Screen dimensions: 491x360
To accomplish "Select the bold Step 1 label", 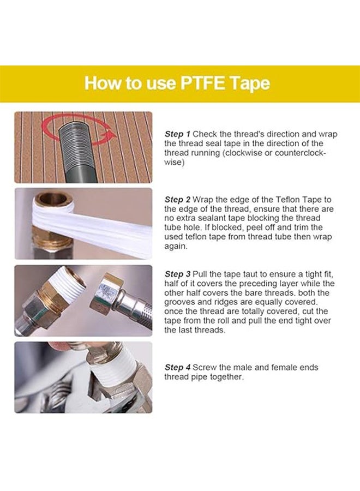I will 177,134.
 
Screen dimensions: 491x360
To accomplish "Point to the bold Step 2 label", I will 177,200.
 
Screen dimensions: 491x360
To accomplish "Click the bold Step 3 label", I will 177,274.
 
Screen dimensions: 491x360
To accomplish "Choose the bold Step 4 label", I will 177,368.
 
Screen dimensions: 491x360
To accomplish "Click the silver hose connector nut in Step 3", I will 109,289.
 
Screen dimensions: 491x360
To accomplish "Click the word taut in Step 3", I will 244,274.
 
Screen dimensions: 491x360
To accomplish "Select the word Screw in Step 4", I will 205,368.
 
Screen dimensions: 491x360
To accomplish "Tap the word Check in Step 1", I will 205,134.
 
